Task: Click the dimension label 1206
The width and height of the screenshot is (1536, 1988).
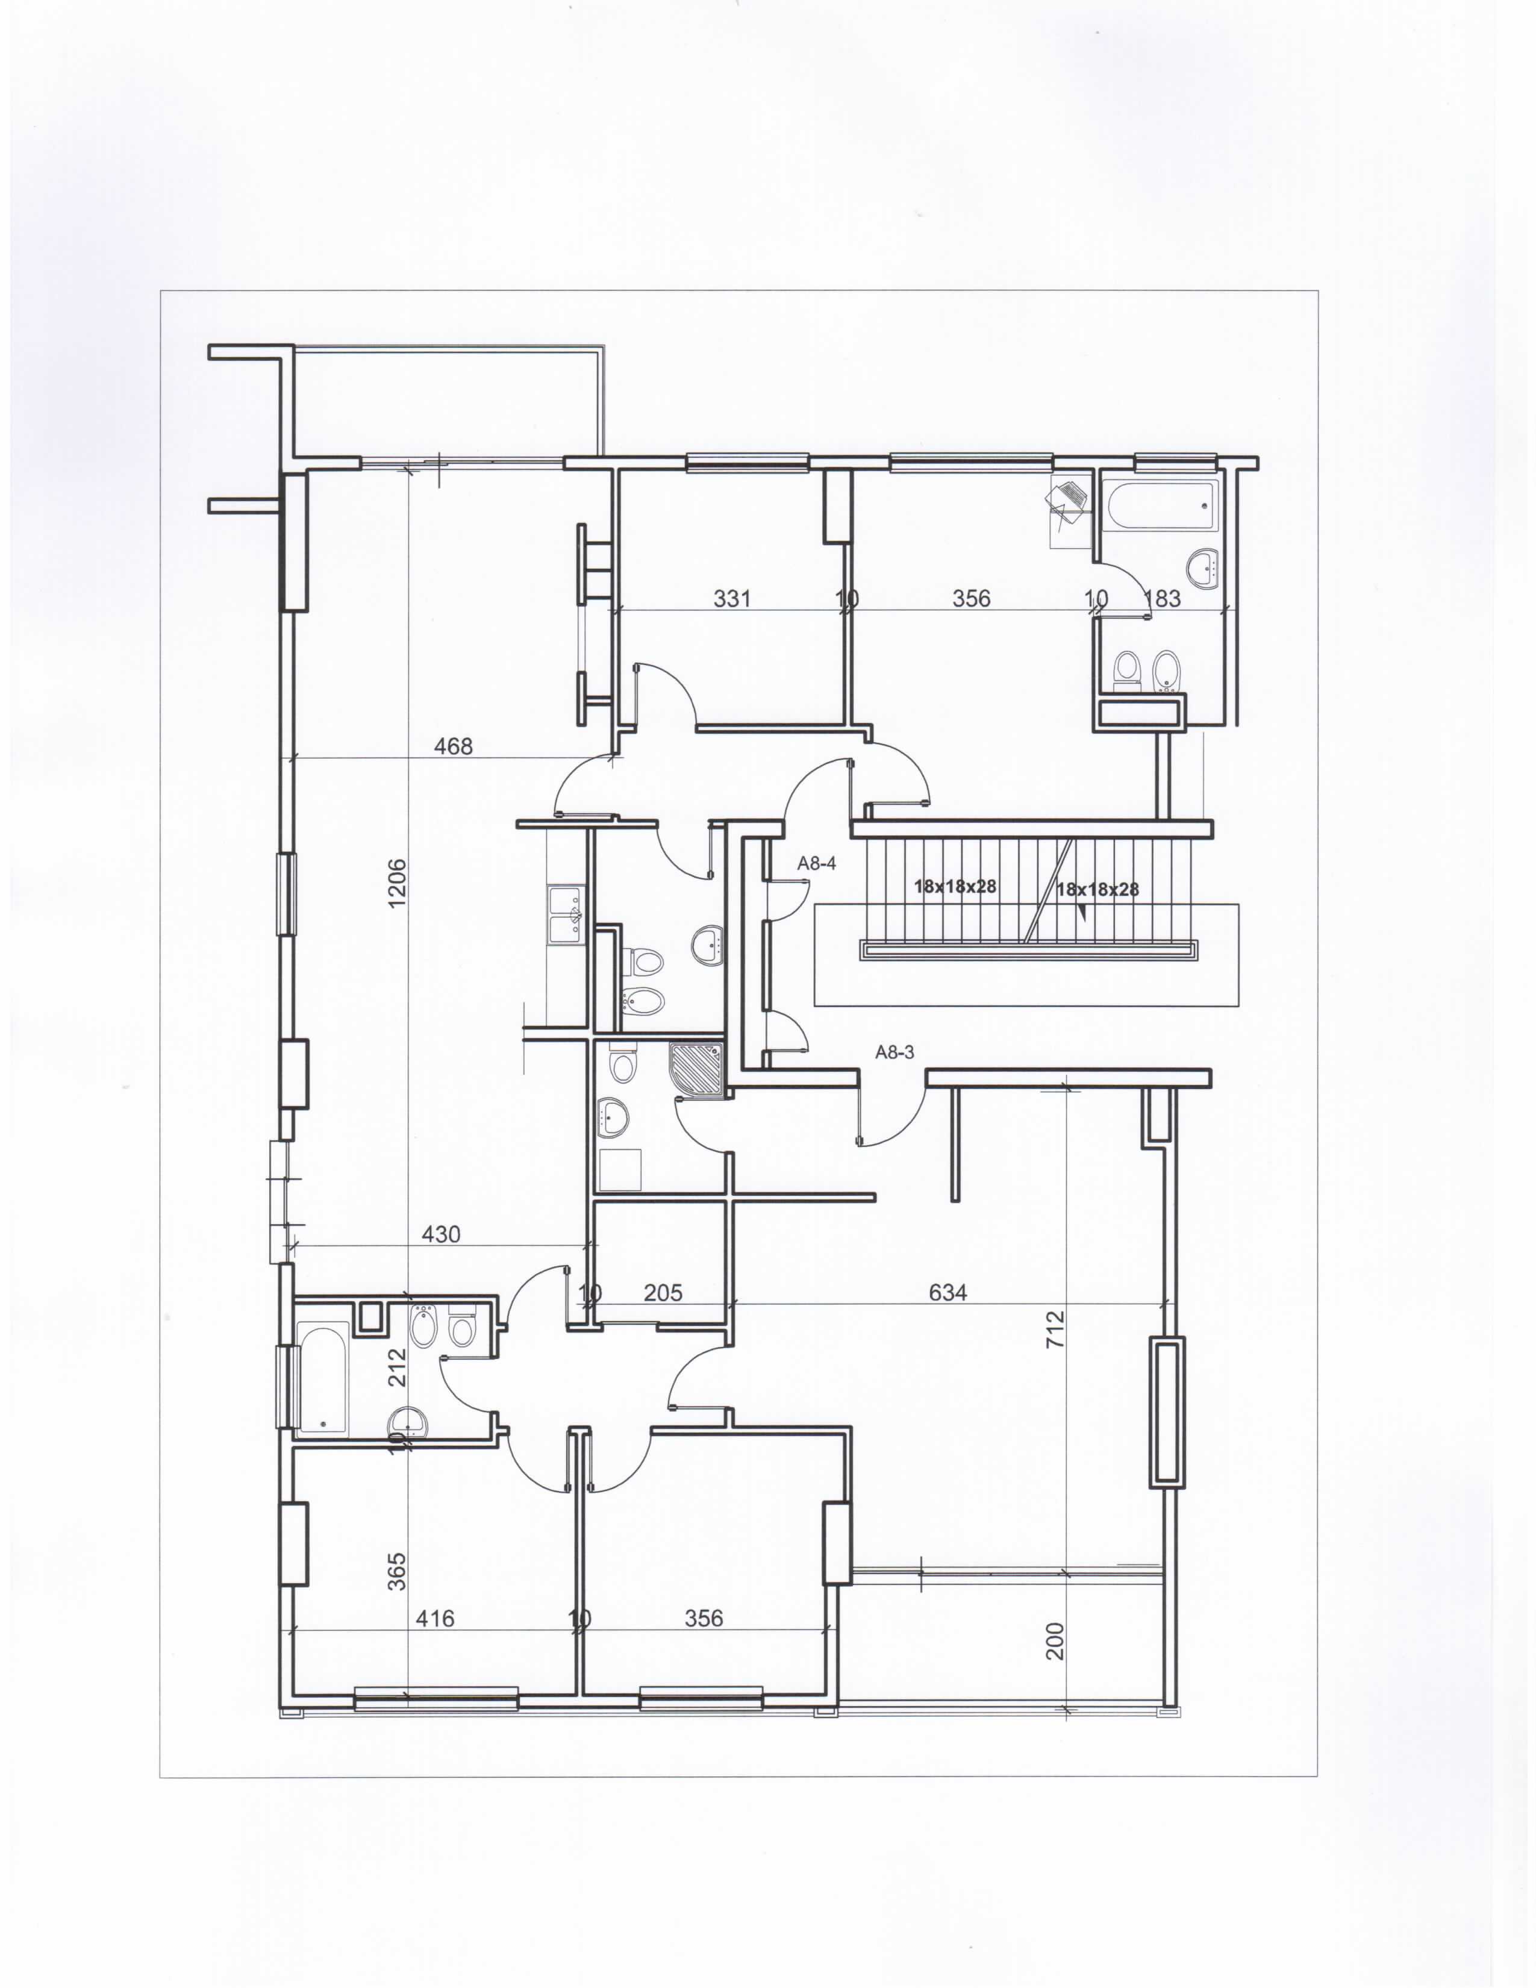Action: (397, 883)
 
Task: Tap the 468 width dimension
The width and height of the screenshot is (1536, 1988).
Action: (453, 746)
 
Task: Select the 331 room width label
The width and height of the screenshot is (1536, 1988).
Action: (732, 598)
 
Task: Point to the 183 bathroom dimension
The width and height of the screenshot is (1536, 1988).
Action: (1162, 598)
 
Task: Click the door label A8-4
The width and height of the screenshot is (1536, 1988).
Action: (816, 863)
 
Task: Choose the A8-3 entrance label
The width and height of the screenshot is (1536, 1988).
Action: (894, 1052)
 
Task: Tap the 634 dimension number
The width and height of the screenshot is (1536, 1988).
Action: (948, 1292)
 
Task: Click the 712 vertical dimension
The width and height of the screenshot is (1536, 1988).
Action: (1055, 1329)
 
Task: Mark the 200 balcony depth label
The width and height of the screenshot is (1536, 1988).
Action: (1055, 1641)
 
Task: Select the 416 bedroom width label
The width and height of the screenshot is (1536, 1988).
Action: (435, 1619)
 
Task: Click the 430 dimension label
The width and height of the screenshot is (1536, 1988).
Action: (442, 1234)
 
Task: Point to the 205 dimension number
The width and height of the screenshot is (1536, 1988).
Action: (663, 1293)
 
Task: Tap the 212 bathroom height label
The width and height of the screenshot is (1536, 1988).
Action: (397, 1368)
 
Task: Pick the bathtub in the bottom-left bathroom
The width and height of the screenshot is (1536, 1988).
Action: (323, 1377)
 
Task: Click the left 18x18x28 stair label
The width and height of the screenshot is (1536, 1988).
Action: (955, 886)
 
